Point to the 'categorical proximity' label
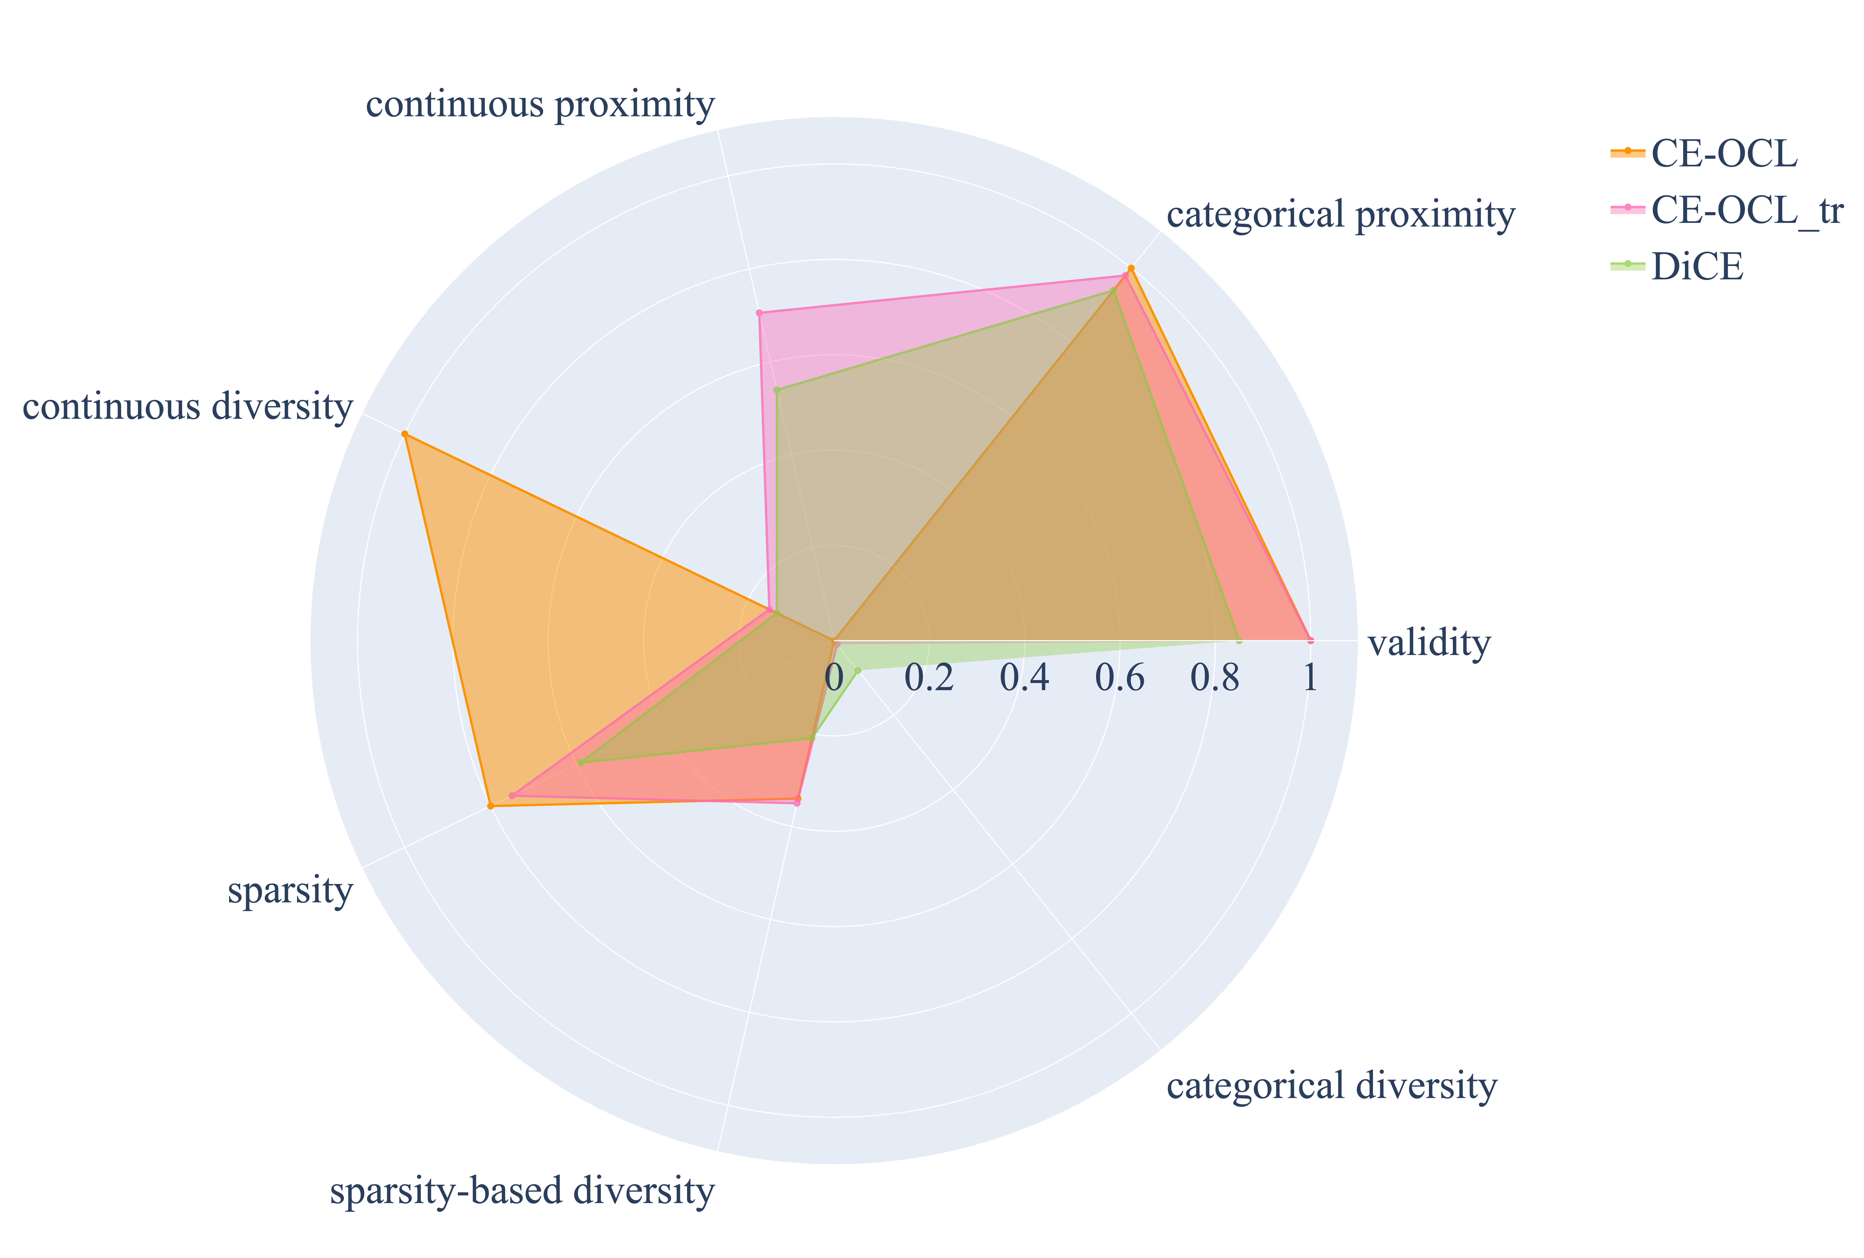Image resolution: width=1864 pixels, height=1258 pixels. pos(1340,215)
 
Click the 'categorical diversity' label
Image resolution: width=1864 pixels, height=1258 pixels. pos(1331,1086)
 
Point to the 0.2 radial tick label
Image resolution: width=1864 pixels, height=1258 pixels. pos(929,678)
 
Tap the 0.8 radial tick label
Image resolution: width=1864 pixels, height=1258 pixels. pos(1214,678)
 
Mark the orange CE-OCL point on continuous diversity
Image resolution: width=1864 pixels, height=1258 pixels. pos(404,434)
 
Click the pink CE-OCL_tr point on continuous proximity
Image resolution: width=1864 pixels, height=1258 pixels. pos(759,312)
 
